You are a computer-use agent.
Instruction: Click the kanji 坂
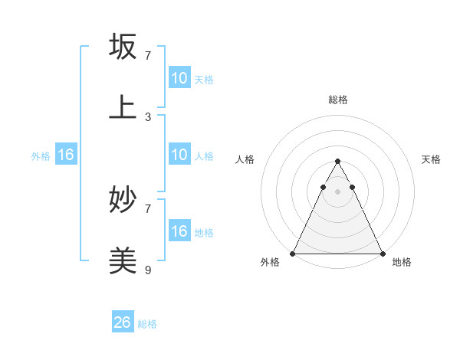pos(123,47)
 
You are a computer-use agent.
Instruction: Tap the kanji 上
pos(123,107)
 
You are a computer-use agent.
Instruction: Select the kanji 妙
pos(123,200)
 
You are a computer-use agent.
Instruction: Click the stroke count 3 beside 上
pos(148,116)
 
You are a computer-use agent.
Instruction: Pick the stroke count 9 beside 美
pos(148,270)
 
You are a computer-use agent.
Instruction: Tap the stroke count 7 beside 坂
pos(148,56)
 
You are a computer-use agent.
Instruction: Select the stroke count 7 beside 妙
pos(148,208)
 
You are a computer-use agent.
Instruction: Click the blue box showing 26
pos(123,322)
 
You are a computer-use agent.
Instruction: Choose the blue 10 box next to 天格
pos(179,78)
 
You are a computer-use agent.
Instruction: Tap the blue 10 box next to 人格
pos(179,155)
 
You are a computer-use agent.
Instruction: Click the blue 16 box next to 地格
pos(179,231)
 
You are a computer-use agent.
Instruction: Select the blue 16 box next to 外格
pos(66,155)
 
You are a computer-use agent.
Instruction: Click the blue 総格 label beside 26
pos(147,324)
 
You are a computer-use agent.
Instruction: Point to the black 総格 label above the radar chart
pos(338,100)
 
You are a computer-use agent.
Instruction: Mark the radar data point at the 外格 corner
pos(293,254)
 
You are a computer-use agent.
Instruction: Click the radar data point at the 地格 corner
pos(383,254)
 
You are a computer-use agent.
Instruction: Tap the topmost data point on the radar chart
pos(337,162)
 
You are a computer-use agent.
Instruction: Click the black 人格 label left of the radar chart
pos(245,159)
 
